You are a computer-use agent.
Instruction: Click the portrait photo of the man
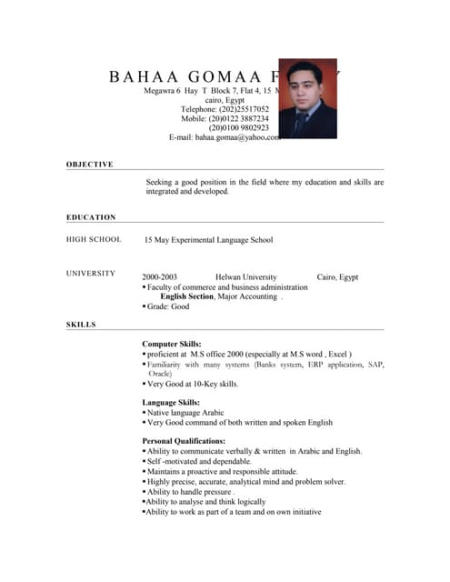[307, 98]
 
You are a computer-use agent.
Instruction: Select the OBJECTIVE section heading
[90, 165]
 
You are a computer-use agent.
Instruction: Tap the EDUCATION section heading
[91, 217]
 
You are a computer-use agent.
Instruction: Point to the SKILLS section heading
[81, 325]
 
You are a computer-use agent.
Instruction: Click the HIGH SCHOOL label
[94, 240]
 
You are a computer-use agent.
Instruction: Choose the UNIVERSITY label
[91, 274]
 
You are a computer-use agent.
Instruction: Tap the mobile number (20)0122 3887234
[238, 118]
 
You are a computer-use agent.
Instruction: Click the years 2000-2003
[160, 276]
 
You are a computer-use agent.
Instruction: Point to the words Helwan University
[246, 276]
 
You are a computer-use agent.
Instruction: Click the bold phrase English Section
[186, 296]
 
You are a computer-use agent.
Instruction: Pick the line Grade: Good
[168, 307]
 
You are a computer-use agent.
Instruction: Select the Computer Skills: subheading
[172, 345]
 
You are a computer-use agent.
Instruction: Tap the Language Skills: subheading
[171, 402]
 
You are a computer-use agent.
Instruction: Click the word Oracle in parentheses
[160, 373]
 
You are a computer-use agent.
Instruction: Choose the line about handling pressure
[191, 492]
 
